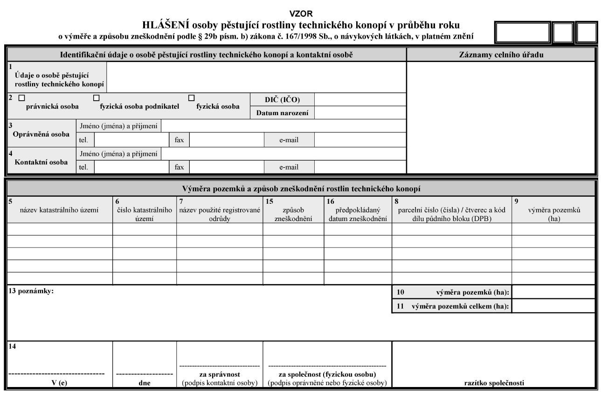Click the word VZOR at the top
pyautogui.click(x=301, y=14)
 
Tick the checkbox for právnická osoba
pyautogui.click(x=21, y=98)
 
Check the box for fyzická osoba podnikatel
pyautogui.click(x=97, y=98)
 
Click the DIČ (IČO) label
pyautogui.click(x=283, y=99)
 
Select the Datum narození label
pyautogui.click(x=283, y=112)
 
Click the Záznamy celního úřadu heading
pyautogui.click(x=501, y=55)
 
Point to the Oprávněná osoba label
pyautogui.click(x=41, y=134)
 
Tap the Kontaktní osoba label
pyautogui.click(x=41, y=162)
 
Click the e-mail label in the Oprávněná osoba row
pyautogui.click(x=289, y=140)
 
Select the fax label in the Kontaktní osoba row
pyautogui.click(x=179, y=167)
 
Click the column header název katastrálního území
pyautogui.click(x=59, y=210)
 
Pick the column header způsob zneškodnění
pyautogui.click(x=293, y=214)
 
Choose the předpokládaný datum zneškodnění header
pyautogui.click(x=358, y=214)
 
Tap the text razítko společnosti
pyautogui.click(x=494, y=383)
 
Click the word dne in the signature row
pyautogui.click(x=144, y=383)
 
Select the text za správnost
pyautogui.click(x=219, y=374)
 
